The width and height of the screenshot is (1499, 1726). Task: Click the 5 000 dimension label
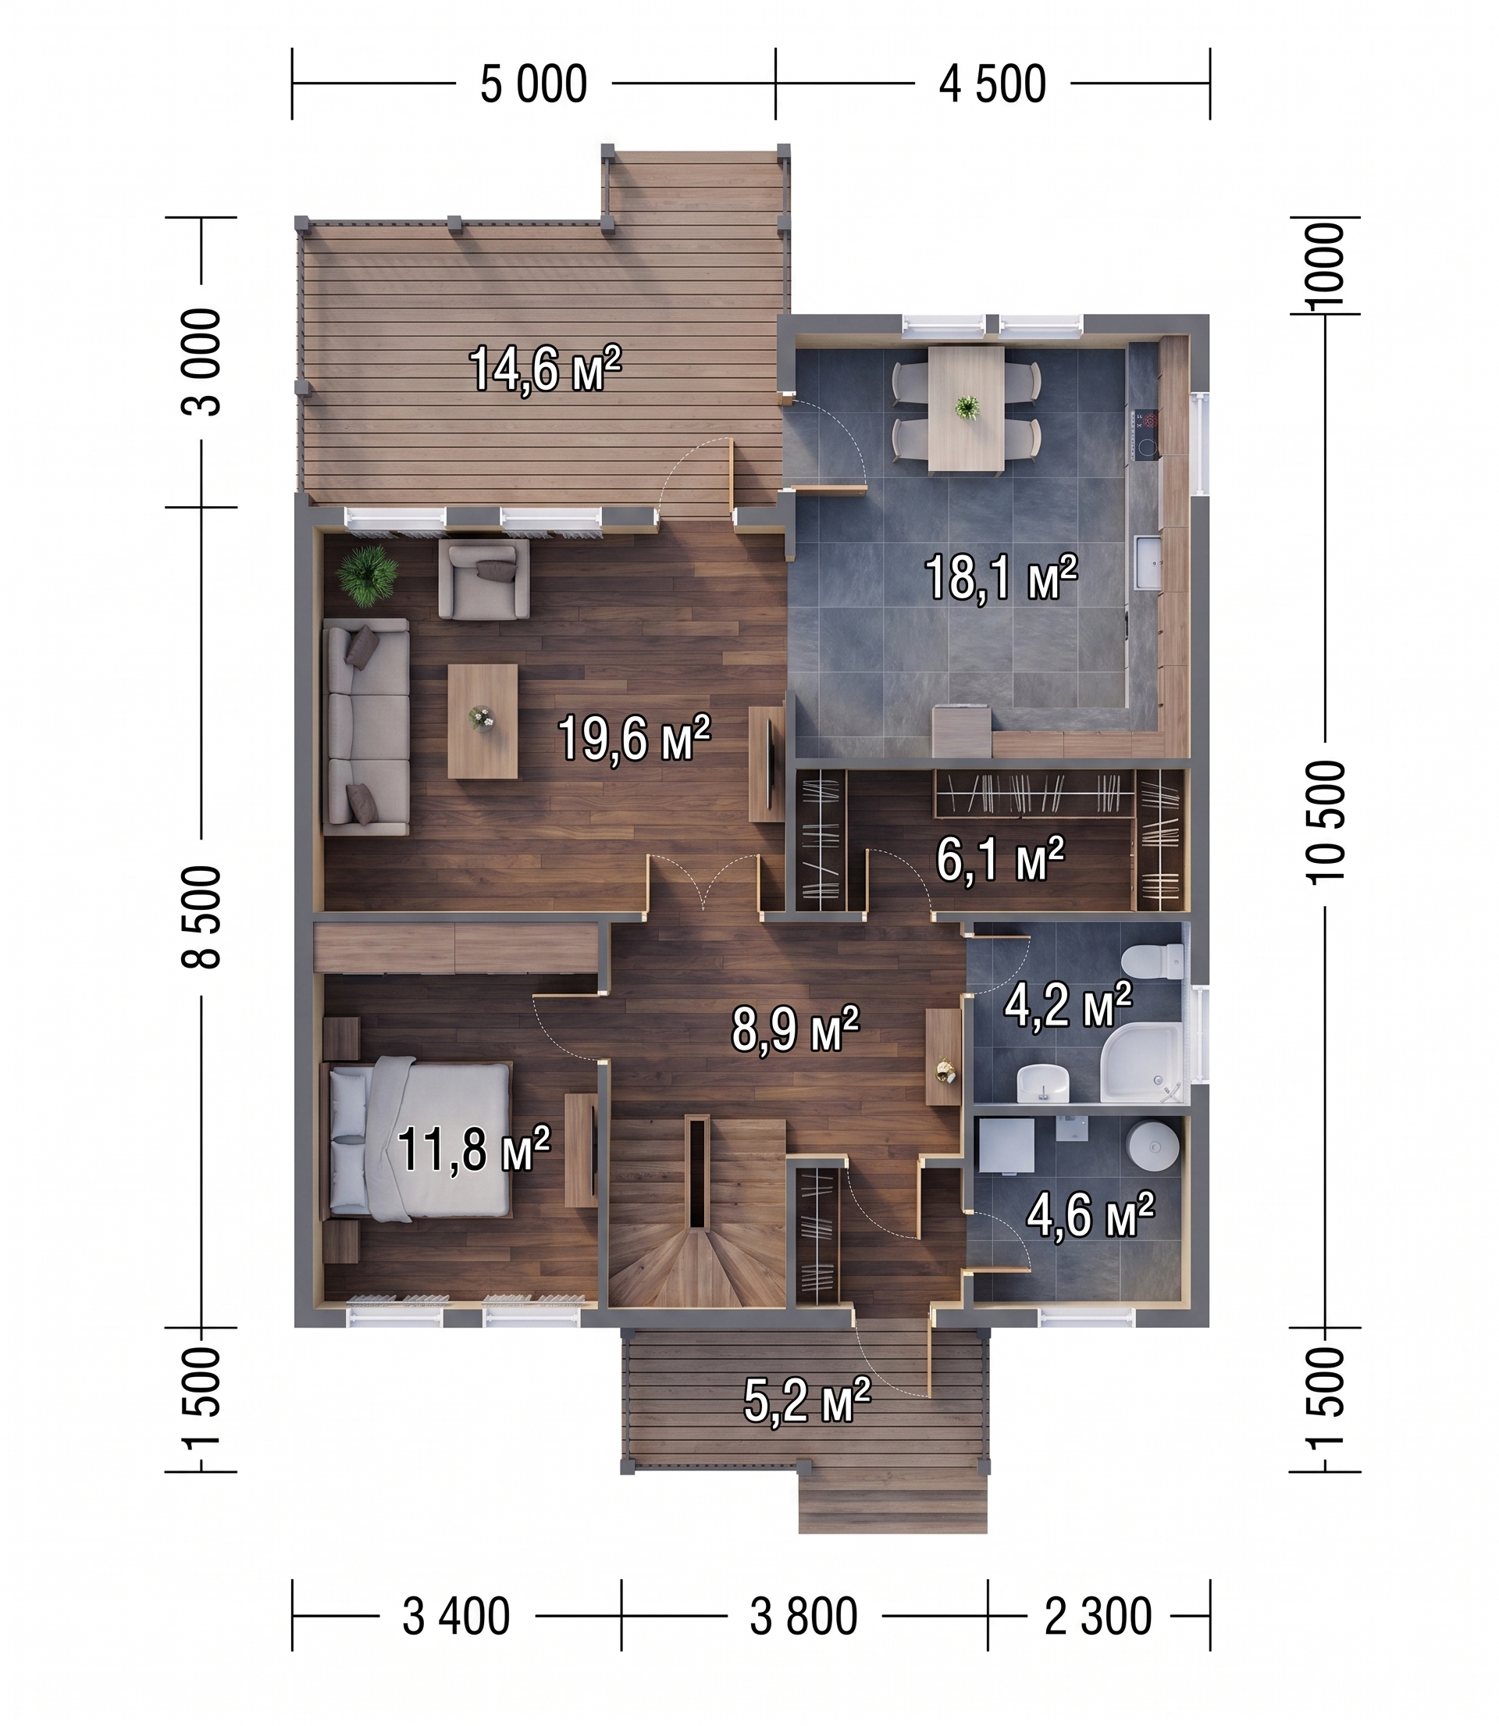[534, 84]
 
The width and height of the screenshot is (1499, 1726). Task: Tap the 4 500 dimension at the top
[992, 84]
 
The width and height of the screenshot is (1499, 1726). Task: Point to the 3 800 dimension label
[803, 1617]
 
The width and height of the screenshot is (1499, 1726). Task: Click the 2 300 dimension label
[1098, 1617]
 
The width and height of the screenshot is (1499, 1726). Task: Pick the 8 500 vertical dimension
[201, 917]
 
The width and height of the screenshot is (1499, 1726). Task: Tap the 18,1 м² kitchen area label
[1000, 576]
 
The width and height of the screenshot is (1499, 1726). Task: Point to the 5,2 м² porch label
[807, 1400]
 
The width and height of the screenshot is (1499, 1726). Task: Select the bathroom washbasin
[1043, 1083]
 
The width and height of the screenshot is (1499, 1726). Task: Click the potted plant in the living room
[366, 575]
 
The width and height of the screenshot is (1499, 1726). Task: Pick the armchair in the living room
[484, 578]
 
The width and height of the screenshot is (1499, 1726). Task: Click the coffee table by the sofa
[482, 720]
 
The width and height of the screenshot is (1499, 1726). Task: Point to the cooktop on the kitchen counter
[1146, 434]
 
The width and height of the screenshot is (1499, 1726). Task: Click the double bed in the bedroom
[419, 1139]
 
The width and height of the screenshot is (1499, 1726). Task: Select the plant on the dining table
[968, 408]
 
